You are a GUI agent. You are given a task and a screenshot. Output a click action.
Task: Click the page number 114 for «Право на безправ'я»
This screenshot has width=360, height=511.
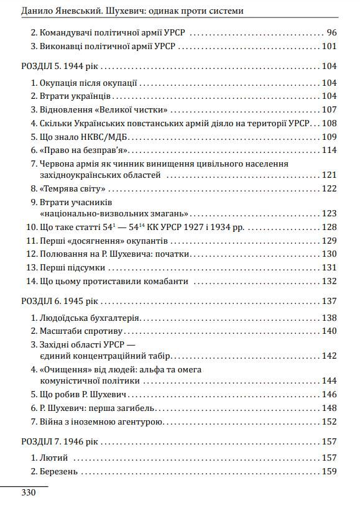pyautogui.click(x=329, y=150)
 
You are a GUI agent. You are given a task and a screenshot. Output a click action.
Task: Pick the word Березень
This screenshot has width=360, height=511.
pyautogui.click(x=59, y=472)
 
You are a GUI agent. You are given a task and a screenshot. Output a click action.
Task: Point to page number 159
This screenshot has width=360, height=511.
pyautogui.click(x=329, y=472)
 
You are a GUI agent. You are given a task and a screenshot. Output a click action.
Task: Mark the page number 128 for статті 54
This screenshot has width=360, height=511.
pyautogui.click(x=329, y=228)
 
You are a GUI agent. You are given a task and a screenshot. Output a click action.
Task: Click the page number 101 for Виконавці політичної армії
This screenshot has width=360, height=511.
pyautogui.click(x=329, y=46)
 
